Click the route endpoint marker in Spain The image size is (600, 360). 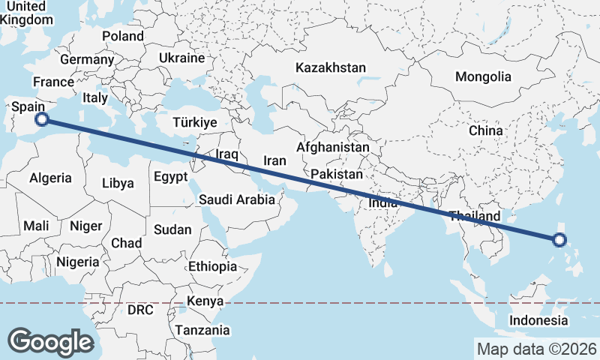tap(43, 118)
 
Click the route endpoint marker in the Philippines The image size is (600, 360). tap(558, 240)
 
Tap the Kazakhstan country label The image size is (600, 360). tap(331, 67)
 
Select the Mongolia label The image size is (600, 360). tap(483, 76)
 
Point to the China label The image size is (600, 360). tap(485, 130)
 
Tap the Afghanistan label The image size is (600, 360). tap(333, 147)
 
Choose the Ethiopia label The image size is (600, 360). tap(213, 266)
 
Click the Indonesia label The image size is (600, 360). tap(538, 321)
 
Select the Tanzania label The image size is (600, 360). tap(202, 330)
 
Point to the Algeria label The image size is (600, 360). tap(51, 178)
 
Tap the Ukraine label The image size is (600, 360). tap(181, 58)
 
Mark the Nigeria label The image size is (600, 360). tap(77, 262)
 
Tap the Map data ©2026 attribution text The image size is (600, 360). tap(536, 349)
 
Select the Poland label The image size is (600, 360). tap(123, 36)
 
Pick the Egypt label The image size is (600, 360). tap(169, 177)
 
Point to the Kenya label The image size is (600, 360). tap(206, 301)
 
